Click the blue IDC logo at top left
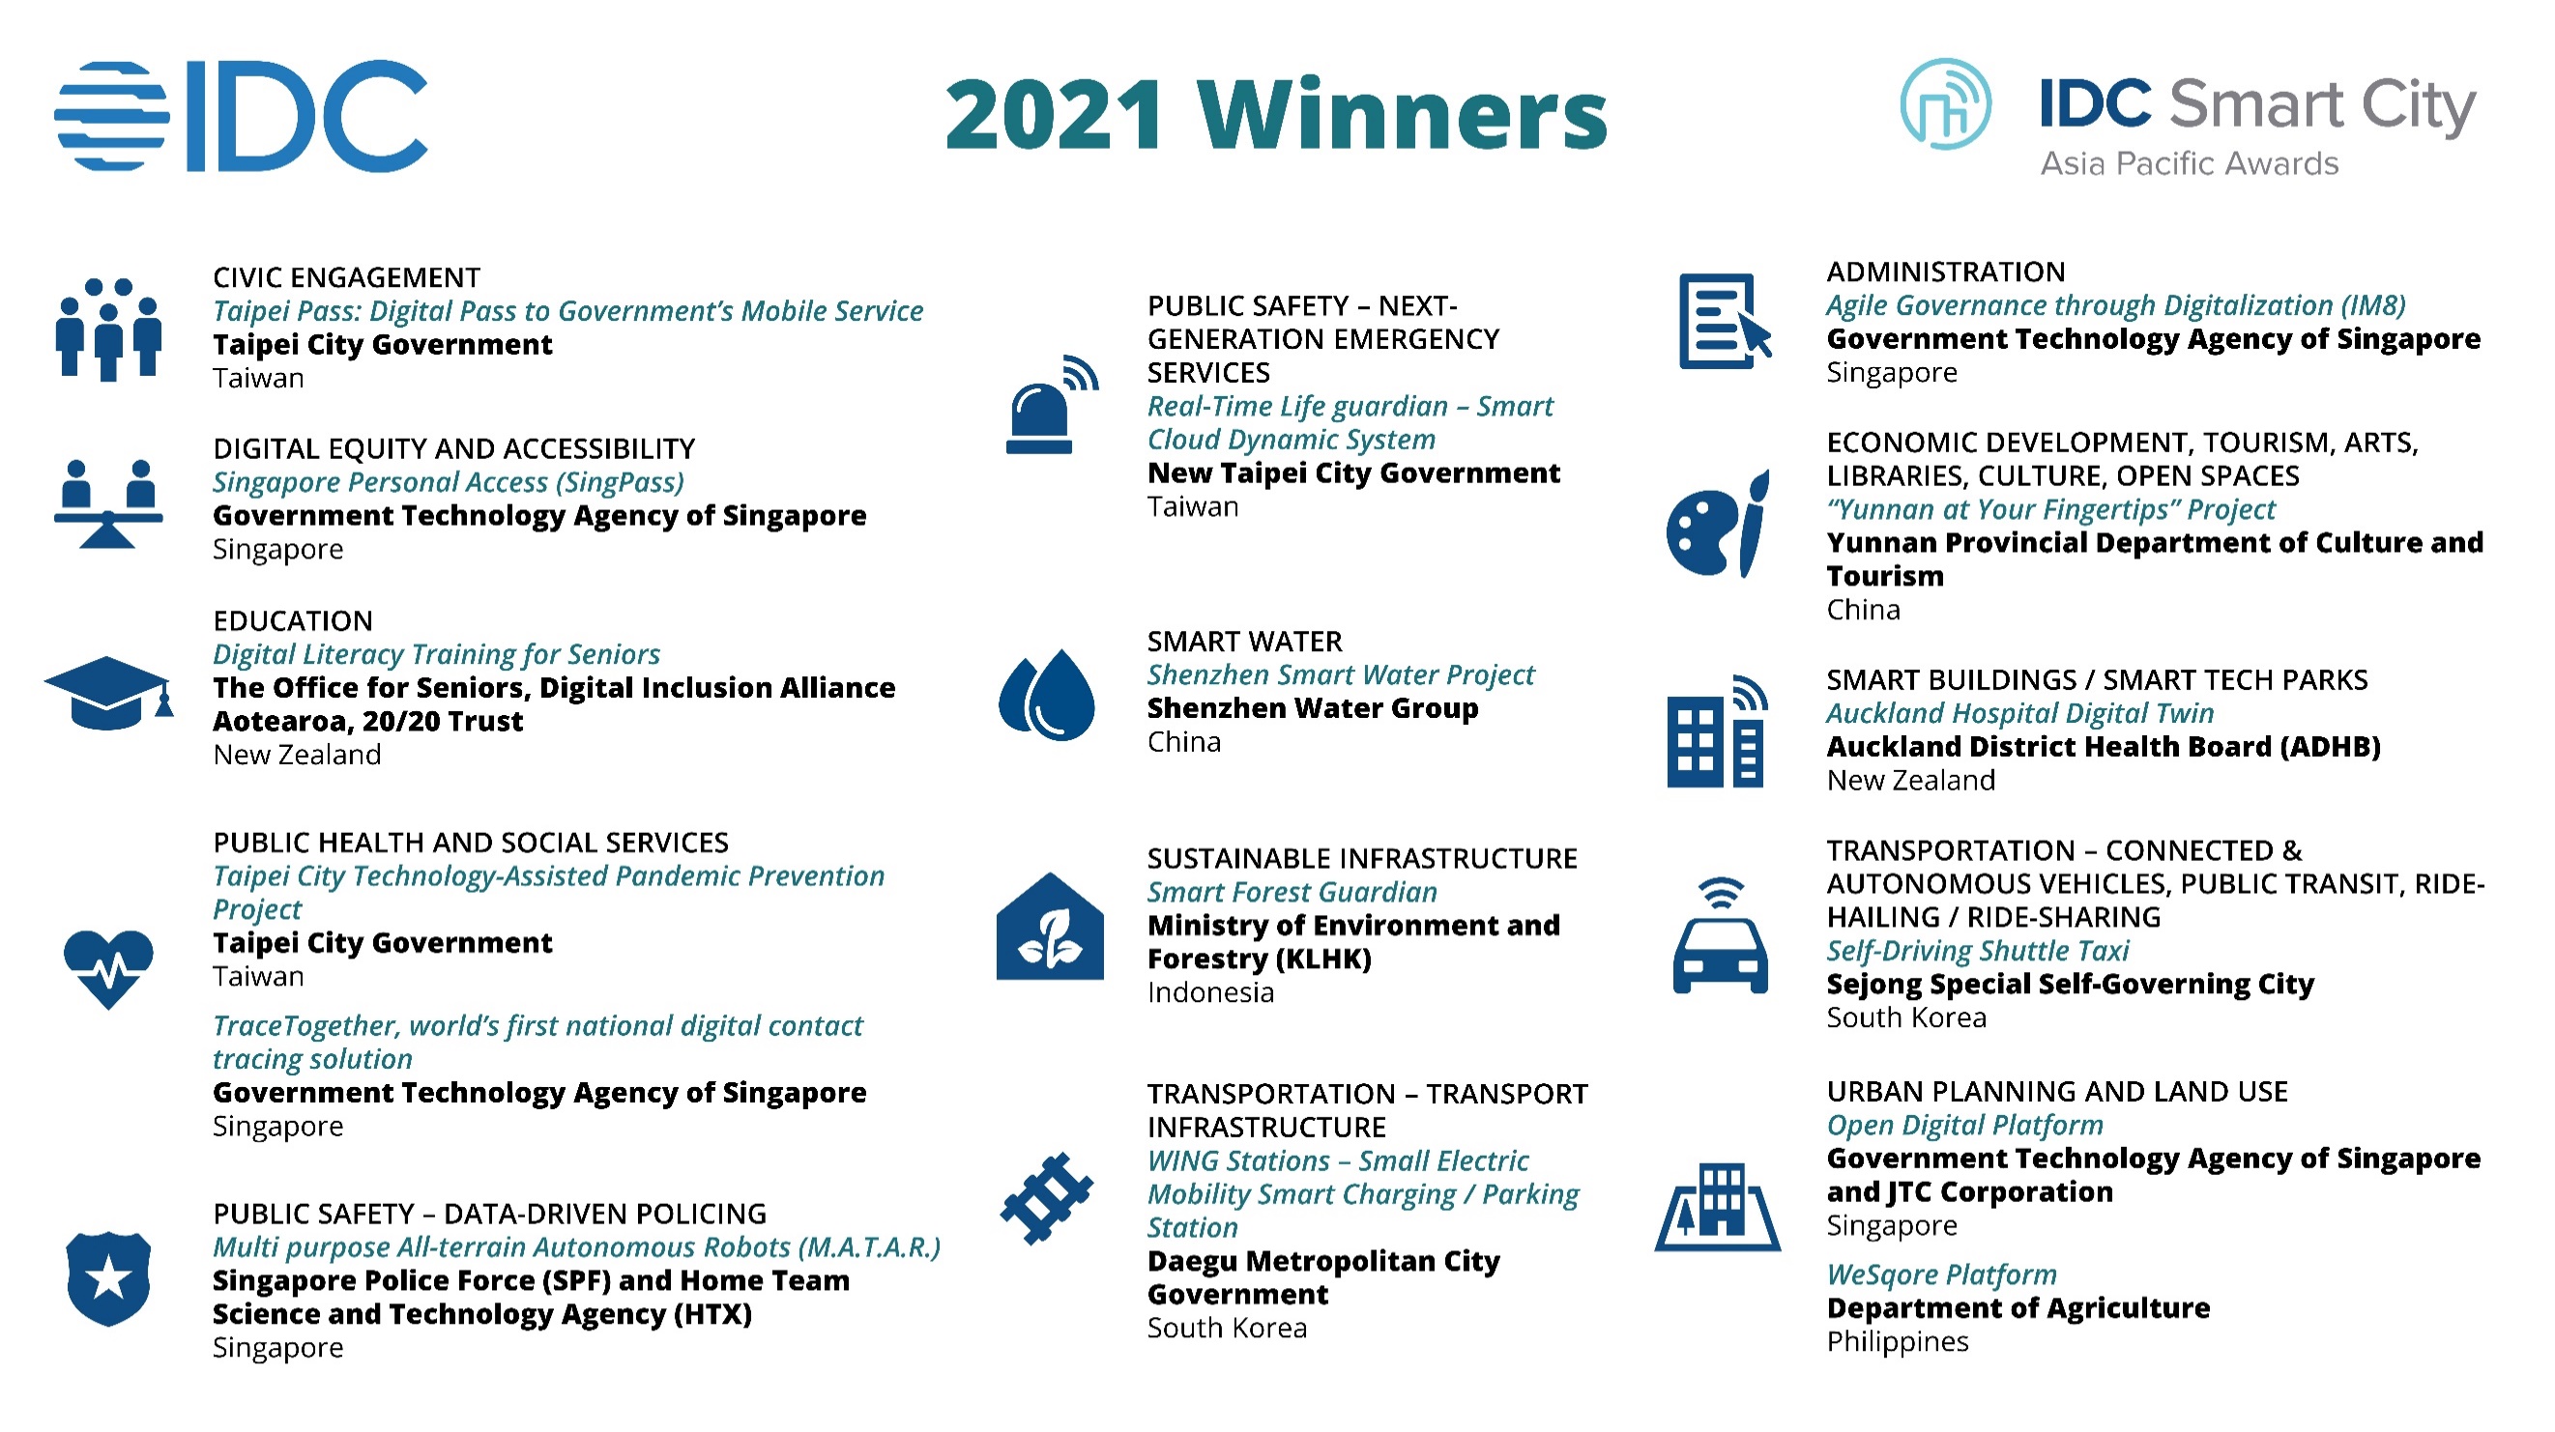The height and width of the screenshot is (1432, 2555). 241,115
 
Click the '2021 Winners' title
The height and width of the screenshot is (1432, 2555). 1276,115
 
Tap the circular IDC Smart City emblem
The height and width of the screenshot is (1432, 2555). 1945,104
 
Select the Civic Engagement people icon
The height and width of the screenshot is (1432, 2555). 108,329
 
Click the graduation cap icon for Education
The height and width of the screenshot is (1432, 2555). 109,693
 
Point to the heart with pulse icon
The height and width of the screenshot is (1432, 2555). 108,969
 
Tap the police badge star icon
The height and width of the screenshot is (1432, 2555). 108,1279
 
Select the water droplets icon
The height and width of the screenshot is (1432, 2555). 1046,695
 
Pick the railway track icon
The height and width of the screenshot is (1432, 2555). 1046,1198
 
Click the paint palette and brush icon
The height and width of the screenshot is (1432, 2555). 1718,524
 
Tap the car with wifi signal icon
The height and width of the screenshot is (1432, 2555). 1720,935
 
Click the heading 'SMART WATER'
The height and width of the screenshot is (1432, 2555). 1245,642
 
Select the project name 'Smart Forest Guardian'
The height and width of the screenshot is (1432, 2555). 1292,892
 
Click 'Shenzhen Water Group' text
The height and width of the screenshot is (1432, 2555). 1312,708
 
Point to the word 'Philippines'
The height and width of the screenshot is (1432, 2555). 1898,1342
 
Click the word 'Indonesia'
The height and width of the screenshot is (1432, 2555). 1210,991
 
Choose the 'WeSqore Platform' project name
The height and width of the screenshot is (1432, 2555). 1941,1274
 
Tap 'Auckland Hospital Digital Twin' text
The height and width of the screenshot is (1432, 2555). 2019,713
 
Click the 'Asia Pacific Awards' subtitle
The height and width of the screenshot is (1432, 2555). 2189,163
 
